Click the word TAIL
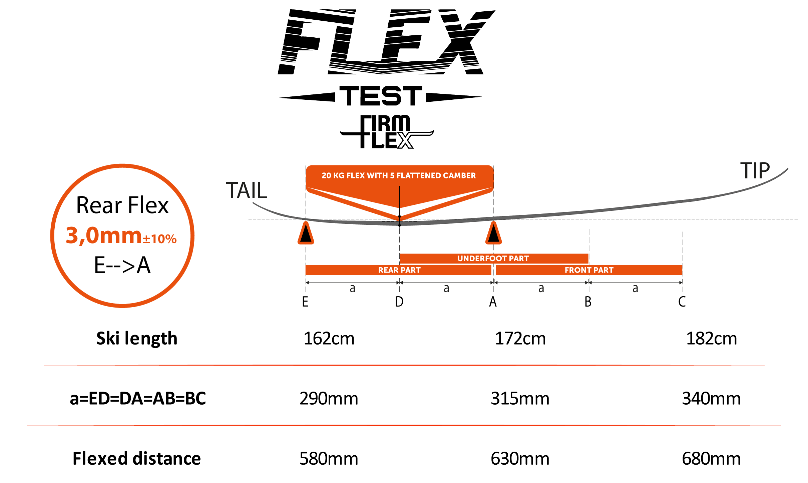tap(247, 190)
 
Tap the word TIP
tap(755, 170)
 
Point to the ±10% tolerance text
tap(159, 239)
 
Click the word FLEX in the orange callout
tap(356, 175)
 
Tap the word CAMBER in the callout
tap(459, 175)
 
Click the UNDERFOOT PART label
tap(493, 259)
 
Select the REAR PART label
tap(399, 270)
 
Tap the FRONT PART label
tap(589, 270)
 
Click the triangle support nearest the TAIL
tap(306, 233)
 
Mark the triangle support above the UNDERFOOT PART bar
tap(493, 233)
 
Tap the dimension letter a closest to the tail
tap(352, 288)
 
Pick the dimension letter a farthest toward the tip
tap(635, 288)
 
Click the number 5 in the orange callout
tap(392, 175)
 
